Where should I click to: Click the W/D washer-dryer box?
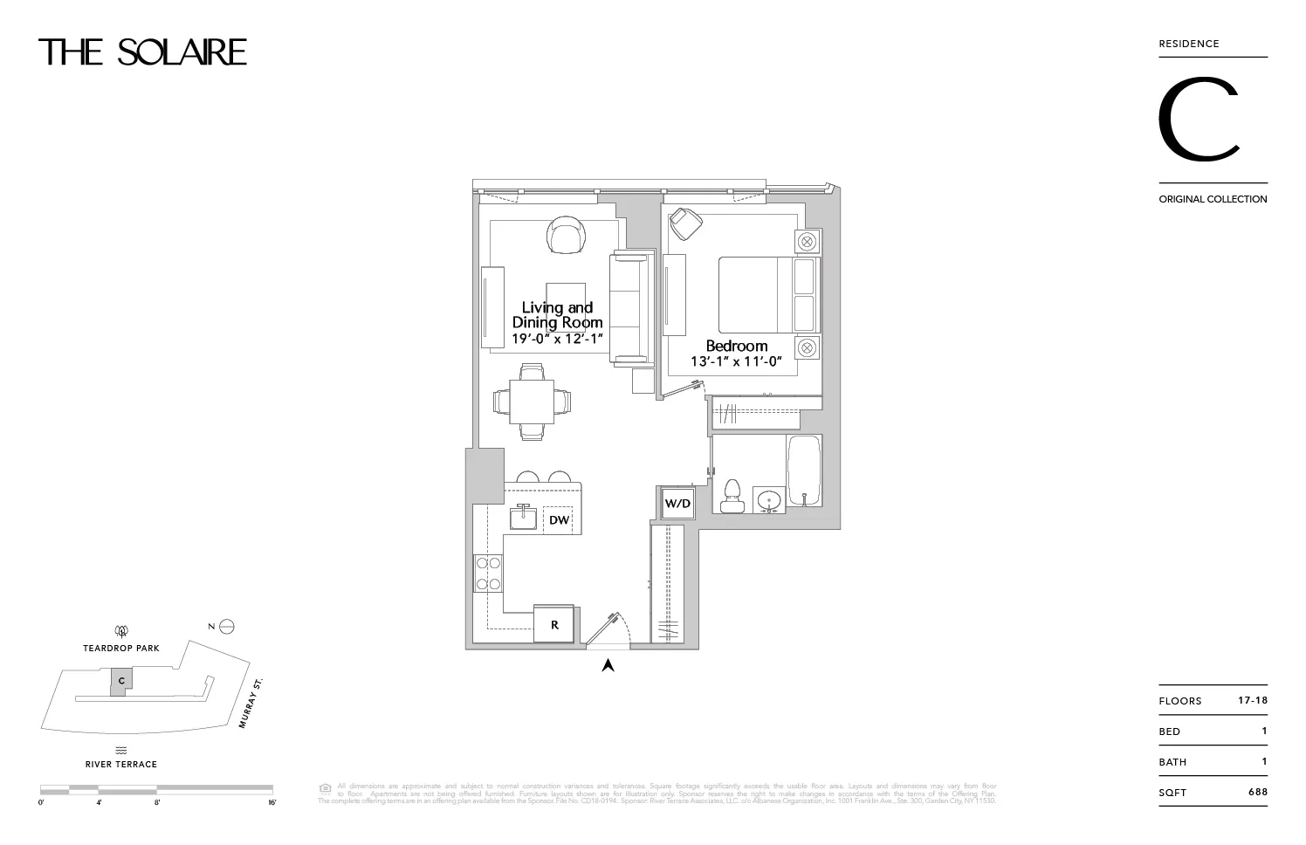677,503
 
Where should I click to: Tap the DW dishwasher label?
559,520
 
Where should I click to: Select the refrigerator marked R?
554,624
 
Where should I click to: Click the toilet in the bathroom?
732,496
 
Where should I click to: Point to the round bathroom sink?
769,501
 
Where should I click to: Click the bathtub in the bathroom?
804,471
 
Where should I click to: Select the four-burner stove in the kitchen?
488,574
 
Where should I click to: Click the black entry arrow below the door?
608,665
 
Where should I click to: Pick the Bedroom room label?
736,346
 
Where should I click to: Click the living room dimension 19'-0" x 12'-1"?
558,338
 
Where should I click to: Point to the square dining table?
532,402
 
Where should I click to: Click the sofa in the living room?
631,307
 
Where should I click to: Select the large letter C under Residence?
1199,120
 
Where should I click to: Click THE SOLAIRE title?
142,52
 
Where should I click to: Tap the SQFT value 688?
1257,793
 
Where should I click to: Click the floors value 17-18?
1252,700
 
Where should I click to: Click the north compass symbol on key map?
227,626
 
